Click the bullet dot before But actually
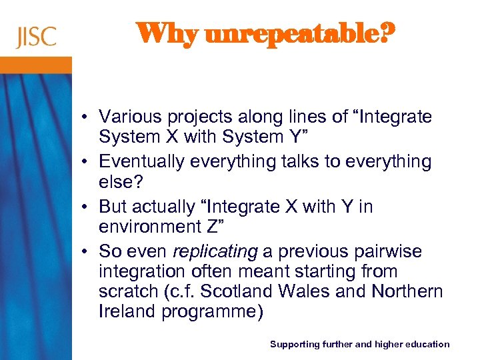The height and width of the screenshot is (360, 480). pos(87,207)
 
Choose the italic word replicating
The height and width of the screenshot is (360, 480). pos(215,252)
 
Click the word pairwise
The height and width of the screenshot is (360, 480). pos(384,252)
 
